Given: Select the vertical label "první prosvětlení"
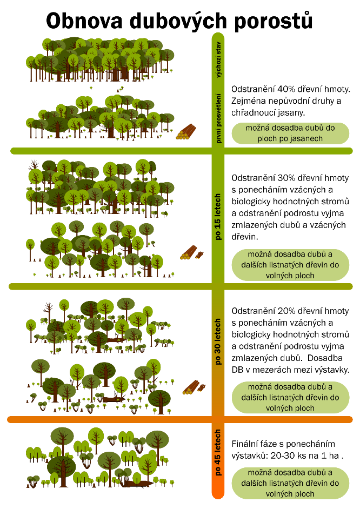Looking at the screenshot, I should [218, 117].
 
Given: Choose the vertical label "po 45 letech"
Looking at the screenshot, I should [218, 453].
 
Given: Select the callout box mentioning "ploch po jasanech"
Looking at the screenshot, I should [291, 133].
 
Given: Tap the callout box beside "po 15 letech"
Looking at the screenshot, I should [291, 265].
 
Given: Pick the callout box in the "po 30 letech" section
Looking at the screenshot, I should [291, 397].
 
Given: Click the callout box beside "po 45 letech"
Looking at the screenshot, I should [291, 483].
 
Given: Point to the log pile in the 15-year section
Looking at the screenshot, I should [190, 253].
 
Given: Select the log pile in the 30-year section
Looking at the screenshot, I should [192, 387].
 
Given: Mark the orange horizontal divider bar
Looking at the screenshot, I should [108, 419].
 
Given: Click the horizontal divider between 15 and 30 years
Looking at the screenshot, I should [108, 286].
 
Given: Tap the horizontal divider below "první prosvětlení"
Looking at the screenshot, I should [108, 151].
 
